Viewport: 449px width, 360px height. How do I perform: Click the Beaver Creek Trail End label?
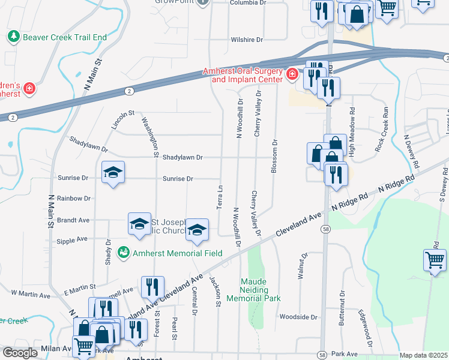click(x=65, y=37)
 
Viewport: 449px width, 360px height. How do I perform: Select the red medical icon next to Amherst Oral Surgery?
click(x=292, y=74)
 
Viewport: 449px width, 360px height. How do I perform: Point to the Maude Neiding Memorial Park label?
click(x=261, y=289)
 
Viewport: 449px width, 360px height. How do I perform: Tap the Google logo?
click(x=20, y=353)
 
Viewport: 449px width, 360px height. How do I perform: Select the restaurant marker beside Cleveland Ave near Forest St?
click(x=152, y=288)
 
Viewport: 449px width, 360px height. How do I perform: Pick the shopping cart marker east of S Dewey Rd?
click(x=435, y=260)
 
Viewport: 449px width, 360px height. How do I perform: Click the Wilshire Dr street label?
click(x=247, y=40)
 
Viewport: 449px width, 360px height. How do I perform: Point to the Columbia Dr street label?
click(x=247, y=3)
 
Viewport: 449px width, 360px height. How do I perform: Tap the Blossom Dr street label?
click(x=274, y=157)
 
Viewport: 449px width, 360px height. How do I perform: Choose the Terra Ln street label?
click(x=219, y=197)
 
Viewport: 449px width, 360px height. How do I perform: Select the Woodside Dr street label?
click(x=298, y=316)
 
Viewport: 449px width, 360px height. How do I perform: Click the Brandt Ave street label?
click(x=74, y=220)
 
